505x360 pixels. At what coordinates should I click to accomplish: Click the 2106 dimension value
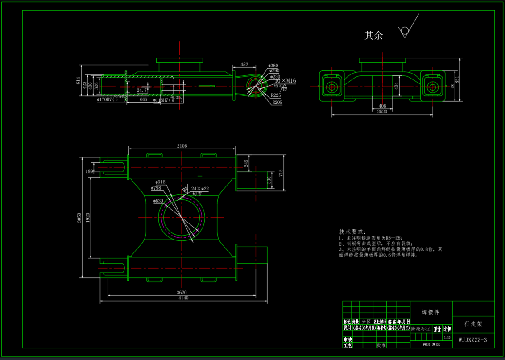pyautogui.click(x=182, y=145)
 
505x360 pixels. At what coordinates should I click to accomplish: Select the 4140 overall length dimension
pyautogui.click(x=183, y=298)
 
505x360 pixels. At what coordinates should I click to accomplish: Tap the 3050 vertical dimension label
pyautogui.click(x=79, y=218)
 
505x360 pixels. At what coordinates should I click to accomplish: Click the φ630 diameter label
pyautogui.click(x=158, y=201)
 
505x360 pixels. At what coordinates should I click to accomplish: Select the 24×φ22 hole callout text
pyautogui.click(x=200, y=189)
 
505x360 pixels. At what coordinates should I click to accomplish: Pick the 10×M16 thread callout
pyautogui.click(x=285, y=81)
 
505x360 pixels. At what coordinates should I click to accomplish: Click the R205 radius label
pyautogui.click(x=277, y=102)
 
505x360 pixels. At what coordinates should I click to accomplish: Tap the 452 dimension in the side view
pyautogui.click(x=244, y=65)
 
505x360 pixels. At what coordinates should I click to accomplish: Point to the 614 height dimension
pyautogui.click(x=79, y=81)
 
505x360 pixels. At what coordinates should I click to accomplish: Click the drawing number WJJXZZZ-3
pyautogui.click(x=473, y=340)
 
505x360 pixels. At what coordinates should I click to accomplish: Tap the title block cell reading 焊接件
pyautogui.click(x=430, y=312)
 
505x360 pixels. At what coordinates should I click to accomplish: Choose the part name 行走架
pyautogui.click(x=473, y=324)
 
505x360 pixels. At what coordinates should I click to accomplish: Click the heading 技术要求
pyautogui.click(x=352, y=232)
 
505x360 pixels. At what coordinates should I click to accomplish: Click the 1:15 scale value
pyautogui.click(x=447, y=338)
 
